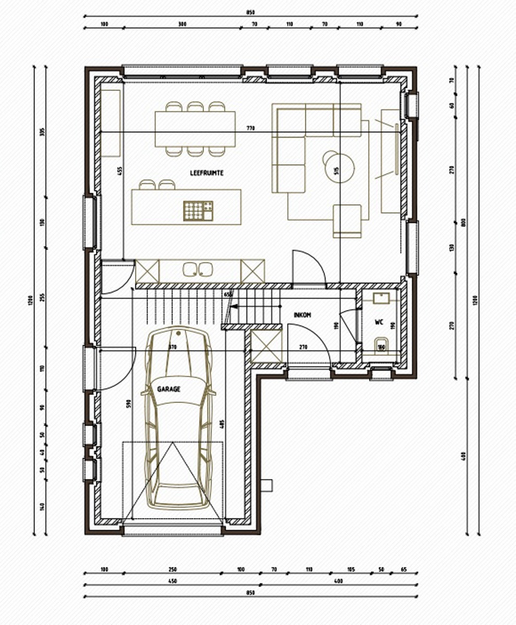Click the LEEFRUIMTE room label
[x=207, y=172]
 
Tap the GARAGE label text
[x=168, y=388]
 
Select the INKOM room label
[x=302, y=315]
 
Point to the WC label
[x=379, y=322]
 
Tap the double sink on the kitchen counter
[x=198, y=269]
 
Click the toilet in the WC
[x=382, y=345]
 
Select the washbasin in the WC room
[x=381, y=298]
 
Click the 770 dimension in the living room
[x=251, y=128]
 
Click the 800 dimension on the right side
[x=463, y=222]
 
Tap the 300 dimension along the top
[x=182, y=24]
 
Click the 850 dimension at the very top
[x=251, y=12]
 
